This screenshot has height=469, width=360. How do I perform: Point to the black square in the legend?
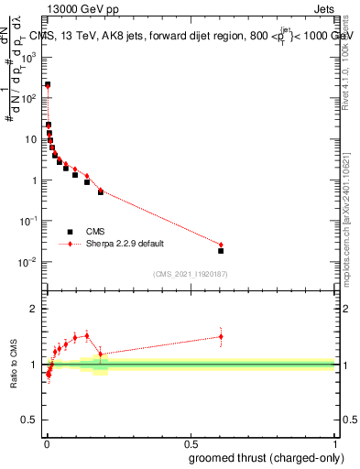[x=70, y=232]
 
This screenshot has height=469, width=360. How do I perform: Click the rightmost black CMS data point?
[x=221, y=250]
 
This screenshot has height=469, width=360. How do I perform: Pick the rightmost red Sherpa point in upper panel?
[x=221, y=245]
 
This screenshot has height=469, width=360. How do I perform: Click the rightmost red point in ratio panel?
[x=221, y=336]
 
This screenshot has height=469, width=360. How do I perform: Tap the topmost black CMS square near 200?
[x=48, y=84]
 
